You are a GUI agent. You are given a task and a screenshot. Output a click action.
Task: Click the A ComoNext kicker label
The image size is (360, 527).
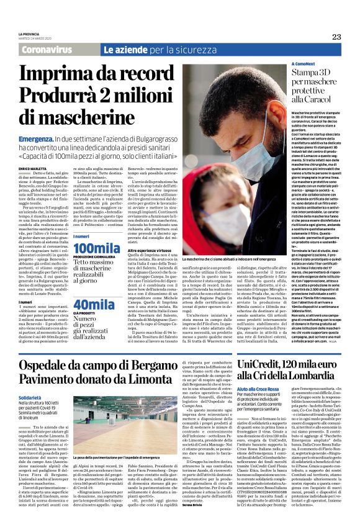pyautogui.click(x=286, y=64)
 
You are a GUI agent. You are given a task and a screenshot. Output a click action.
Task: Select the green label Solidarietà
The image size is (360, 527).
pyautogui.click(x=30, y=395)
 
